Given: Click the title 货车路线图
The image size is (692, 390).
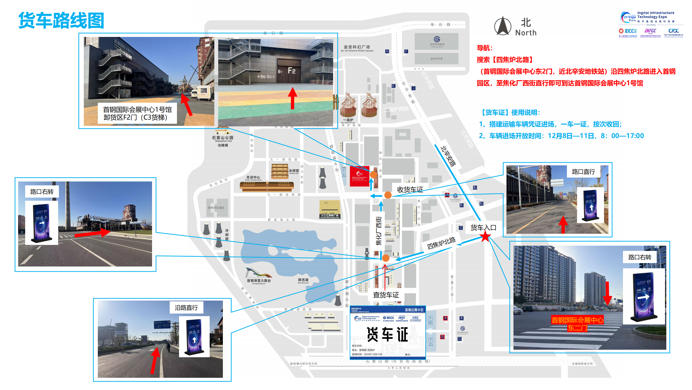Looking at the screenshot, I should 61,21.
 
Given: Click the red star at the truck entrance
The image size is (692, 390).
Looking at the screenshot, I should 485,237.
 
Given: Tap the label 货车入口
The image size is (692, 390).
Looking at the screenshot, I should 483,228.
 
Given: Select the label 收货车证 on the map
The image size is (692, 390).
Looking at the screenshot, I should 410,190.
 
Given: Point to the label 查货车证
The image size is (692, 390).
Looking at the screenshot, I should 386,295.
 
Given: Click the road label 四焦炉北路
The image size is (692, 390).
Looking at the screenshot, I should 441,243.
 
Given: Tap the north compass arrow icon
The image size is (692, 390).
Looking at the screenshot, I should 502,26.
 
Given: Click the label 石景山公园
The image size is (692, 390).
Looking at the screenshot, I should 222,138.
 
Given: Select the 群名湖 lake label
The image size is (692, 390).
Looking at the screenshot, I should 303,280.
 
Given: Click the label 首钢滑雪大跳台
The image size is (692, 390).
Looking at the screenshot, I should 259,281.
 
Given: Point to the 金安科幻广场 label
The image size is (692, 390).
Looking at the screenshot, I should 357,47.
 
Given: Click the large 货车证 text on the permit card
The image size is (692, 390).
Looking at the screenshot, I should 387,335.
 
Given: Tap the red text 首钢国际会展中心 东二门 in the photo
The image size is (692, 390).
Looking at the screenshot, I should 577,324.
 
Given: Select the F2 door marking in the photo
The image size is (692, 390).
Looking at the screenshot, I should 291,71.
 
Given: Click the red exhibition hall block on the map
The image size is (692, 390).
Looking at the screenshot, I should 359,176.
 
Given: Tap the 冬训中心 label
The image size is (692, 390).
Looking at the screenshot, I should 253,177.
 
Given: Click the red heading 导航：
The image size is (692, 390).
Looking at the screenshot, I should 484,48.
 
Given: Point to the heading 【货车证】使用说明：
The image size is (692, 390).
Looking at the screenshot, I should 510,113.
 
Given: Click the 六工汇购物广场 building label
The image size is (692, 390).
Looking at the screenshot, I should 330,215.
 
